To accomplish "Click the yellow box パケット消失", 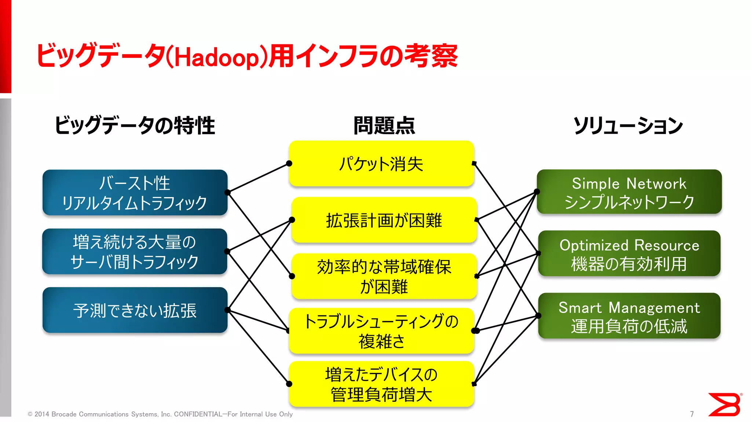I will coord(381,164).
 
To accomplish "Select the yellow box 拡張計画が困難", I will coord(384,220).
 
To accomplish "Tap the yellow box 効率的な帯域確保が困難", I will coord(384,276).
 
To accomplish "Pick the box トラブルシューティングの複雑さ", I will coord(381,331).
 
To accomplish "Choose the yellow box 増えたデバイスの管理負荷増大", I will coord(381,384).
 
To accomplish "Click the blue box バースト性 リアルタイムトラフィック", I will coord(135,193).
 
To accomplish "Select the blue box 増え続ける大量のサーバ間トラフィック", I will coord(135,252).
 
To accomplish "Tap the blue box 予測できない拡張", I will coord(135,310).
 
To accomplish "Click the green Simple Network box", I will coord(629,192).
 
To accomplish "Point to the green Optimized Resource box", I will coord(629,253).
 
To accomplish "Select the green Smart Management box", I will coord(629,316).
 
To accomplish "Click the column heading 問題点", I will coord(384,126).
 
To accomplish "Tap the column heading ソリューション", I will coord(628,126).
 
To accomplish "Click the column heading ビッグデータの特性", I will coord(135,126).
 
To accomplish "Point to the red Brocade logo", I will coord(725,404).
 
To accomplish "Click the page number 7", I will coord(692,414).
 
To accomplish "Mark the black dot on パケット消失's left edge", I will coord(289,163).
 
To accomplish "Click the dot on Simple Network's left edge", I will coord(537,192).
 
